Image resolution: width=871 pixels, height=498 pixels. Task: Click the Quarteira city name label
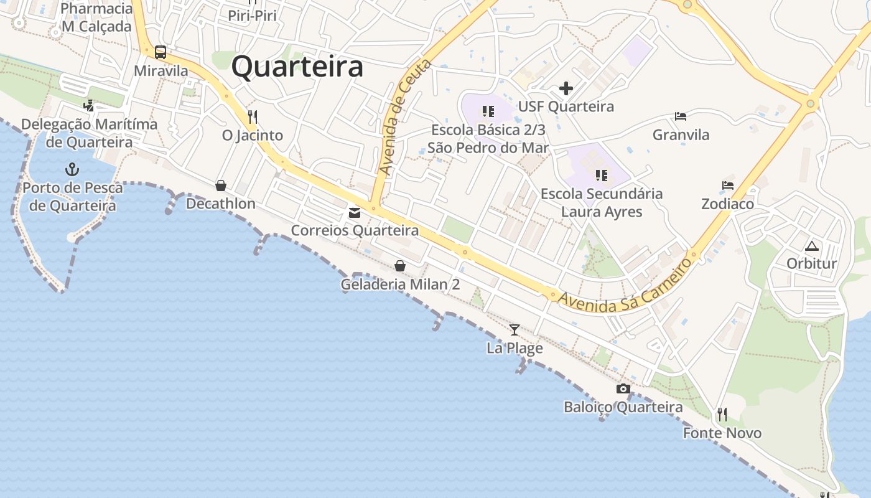pyautogui.click(x=297, y=67)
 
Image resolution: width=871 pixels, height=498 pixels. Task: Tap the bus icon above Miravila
pyautogui.click(x=161, y=52)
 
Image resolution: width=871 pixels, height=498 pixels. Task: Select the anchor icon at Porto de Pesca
pyautogui.click(x=72, y=169)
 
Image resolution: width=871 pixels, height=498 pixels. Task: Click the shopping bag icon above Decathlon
pyautogui.click(x=221, y=186)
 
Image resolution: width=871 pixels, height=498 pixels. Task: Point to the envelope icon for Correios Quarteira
pyautogui.click(x=355, y=213)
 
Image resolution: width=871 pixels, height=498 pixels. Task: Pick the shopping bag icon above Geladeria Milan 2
pyautogui.click(x=400, y=266)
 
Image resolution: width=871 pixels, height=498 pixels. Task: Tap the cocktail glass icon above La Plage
pyautogui.click(x=515, y=329)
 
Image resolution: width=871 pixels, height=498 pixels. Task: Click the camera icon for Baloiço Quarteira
pyautogui.click(x=623, y=389)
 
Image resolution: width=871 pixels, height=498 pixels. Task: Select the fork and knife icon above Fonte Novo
pyautogui.click(x=722, y=414)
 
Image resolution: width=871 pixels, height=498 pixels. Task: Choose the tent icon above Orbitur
pyautogui.click(x=812, y=245)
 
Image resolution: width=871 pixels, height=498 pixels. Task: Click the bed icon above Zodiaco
pyautogui.click(x=728, y=186)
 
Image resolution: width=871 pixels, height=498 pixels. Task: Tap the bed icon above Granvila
pyautogui.click(x=681, y=116)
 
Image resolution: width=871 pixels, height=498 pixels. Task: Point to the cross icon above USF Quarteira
pyautogui.click(x=566, y=88)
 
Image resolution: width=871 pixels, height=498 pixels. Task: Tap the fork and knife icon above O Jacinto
pyautogui.click(x=253, y=116)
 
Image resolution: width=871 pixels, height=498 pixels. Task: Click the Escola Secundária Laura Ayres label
pyautogui.click(x=602, y=202)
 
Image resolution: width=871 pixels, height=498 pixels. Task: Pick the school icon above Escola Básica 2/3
pyautogui.click(x=488, y=111)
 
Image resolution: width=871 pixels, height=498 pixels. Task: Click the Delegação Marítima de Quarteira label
pyautogui.click(x=89, y=133)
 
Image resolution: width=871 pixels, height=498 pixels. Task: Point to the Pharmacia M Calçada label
pyautogui.click(x=96, y=17)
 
